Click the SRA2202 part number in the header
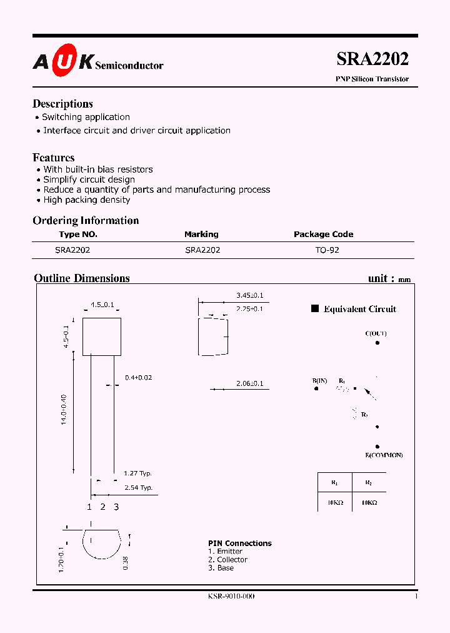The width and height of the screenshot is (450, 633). click(x=372, y=59)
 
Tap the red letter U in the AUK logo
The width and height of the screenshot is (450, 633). click(x=64, y=61)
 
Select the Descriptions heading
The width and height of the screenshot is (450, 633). click(x=62, y=104)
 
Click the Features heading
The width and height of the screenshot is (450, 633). click(x=54, y=158)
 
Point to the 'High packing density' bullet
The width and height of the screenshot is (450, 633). click(x=87, y=200)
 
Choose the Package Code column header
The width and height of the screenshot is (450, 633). click(x=323, y=235)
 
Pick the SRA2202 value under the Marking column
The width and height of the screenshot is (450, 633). click(x=202, y=250)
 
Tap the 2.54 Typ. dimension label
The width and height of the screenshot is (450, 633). click(x=137, y=487)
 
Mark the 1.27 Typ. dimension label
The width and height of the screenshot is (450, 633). click(x=137, y=473)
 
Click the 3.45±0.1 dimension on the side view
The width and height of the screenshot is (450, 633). click(x=249, y=295)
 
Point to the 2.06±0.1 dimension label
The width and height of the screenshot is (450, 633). click(x=249, y=383)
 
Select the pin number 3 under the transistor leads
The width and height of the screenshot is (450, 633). click(x=116, y=507)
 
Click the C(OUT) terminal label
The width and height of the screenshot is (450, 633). click(x=376, y=333)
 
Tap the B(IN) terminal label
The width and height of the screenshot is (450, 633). click(x=319, y=380)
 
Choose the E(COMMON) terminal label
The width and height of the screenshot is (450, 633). click(x=384, y=455)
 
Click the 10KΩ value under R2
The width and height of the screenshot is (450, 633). click(x=368, y=503)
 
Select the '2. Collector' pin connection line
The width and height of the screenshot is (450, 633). click(x=227, y=560)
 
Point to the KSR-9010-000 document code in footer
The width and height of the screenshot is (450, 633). click(x=231, y=596)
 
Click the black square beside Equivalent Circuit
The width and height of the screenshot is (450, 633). click(x=316, y=308)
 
